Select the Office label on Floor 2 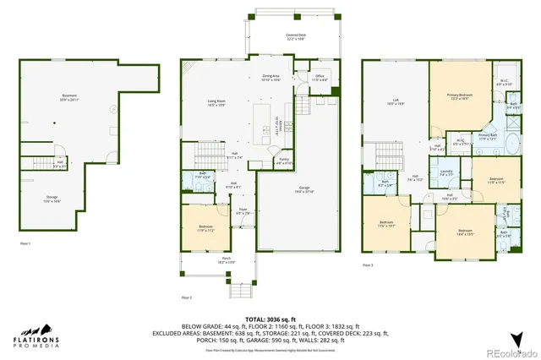(x=320, y=78)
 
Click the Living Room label (x=217, y=104)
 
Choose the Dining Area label (x=270, y=78)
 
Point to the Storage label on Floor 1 (x=52, y=200)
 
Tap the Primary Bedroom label (x=460, y=95)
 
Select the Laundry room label (x=446, y=173)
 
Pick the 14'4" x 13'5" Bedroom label (x=464, y=232)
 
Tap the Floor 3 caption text (x=368, y=266)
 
